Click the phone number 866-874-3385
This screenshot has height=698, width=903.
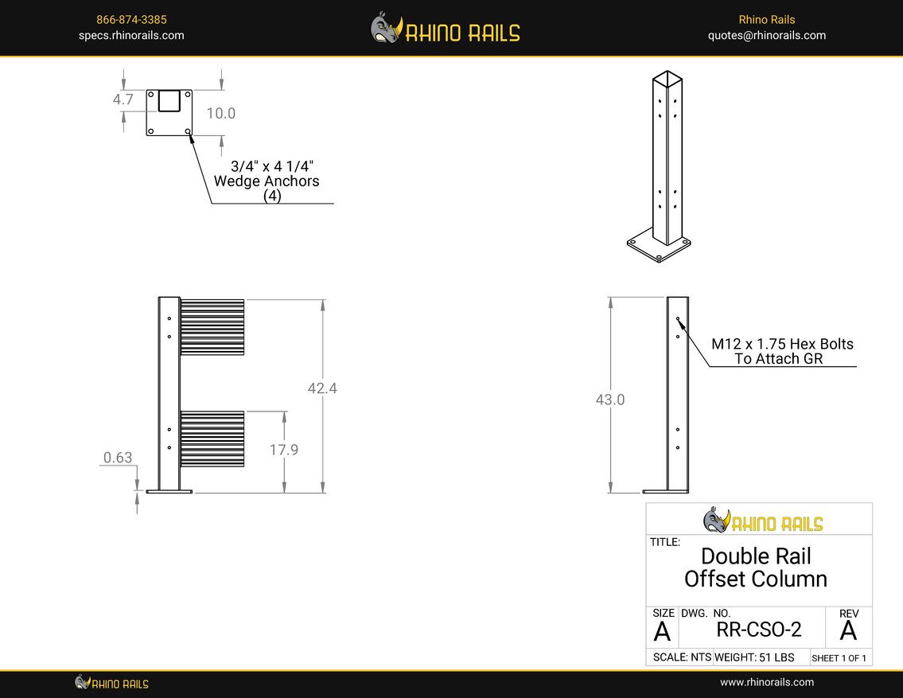[131, 19]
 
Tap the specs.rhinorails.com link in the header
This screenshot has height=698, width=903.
[131, 35]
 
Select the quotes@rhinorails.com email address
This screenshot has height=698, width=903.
[766, 35]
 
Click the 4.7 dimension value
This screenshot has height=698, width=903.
[122, 99]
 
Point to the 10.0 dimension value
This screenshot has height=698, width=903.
[221, 113]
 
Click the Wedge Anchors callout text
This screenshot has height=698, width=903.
[267, 181]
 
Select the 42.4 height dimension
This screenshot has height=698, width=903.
[322, 388]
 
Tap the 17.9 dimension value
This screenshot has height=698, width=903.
[283, 450]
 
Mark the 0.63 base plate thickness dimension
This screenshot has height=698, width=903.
[118, 458]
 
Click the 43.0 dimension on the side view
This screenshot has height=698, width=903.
[610, 400]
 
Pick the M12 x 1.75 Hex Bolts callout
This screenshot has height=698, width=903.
[782, 351]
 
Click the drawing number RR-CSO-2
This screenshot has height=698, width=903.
[759, 630]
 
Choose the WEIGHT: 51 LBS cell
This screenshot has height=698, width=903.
[754, 657]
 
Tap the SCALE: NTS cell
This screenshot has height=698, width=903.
[681, 657]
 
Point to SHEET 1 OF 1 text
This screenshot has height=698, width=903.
[839, 658]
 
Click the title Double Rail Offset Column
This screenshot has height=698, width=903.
[756, 567]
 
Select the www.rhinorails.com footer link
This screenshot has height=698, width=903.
[767, 682]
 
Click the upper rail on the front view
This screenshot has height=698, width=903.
[212, 326]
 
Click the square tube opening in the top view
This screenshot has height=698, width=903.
[169, 100]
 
